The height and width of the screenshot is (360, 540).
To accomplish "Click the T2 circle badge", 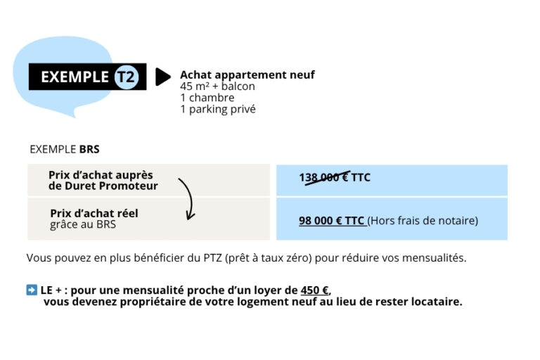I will click(126, 77).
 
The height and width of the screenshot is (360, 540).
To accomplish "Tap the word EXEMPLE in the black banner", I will click(75, 77).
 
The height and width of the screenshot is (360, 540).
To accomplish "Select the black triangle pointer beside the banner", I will click(162, 77).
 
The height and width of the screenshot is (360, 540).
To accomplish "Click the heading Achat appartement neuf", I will click(247, 75).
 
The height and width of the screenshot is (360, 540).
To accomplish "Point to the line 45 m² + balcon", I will click(217, 86).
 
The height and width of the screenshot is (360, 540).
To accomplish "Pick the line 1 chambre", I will click(207, 98).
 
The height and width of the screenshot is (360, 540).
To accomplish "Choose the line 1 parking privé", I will click(218, 109).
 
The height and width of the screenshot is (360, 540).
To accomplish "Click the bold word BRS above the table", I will click(89, 149).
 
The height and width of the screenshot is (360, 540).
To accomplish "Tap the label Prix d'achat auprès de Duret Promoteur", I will click(103, 180).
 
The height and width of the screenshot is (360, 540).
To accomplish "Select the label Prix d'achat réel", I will click(94, 213).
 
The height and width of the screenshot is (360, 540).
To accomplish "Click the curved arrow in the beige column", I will click(188, 198).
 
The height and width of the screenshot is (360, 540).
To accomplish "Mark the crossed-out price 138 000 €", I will click(323, 177).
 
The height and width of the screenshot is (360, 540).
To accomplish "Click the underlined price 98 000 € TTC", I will click(331, 220).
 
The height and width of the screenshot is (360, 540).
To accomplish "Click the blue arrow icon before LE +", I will click(32, 290).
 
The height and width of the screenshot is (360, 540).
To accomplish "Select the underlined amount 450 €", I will click(314, 290).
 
